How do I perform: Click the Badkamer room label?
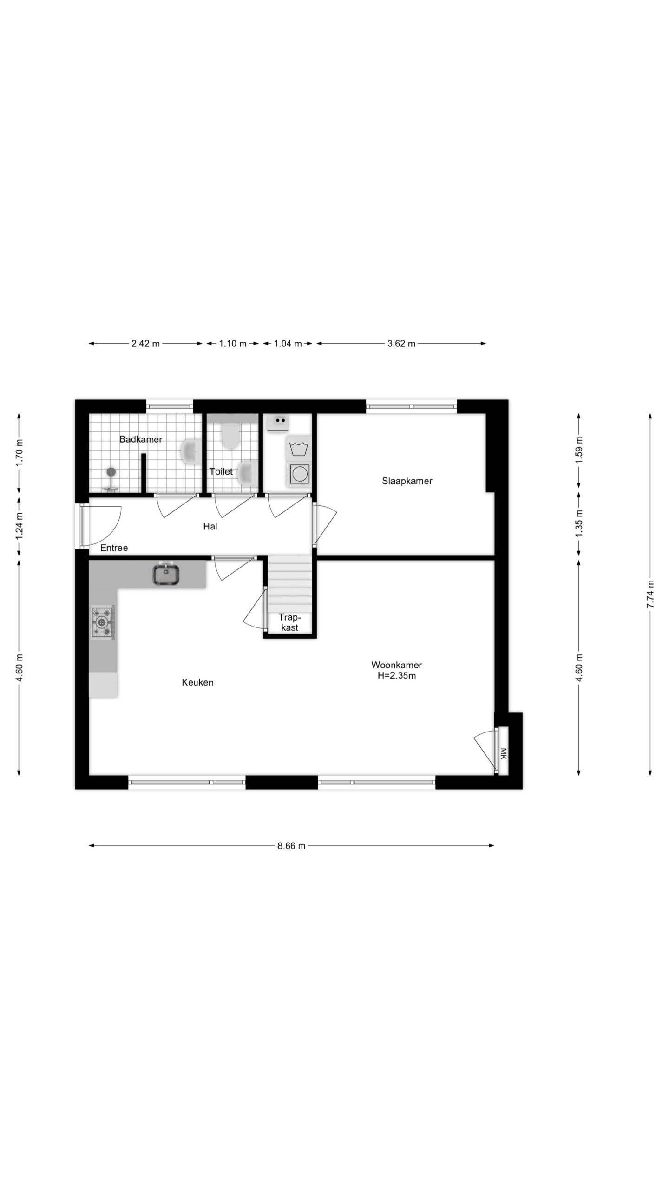click(141, 439)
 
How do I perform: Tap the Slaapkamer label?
click(407, 481)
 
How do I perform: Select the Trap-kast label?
click(290, 622)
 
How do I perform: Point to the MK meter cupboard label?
click(503, 753)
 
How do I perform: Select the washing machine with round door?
click(299, 474)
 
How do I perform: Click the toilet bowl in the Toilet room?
click(230, 435)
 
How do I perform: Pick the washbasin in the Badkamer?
click(190, 451)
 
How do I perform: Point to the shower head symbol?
click(111, 472)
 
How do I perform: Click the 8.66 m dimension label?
click(291, 846)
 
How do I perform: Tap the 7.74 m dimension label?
click(650, 594)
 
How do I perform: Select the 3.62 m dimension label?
click(401, 344)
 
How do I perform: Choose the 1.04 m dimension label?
click(288, 344)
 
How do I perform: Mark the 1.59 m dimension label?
click(579, 450)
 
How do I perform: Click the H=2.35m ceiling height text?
click(397, 676)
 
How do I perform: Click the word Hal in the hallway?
click(210, 526)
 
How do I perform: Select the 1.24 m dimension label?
click(19, 526)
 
